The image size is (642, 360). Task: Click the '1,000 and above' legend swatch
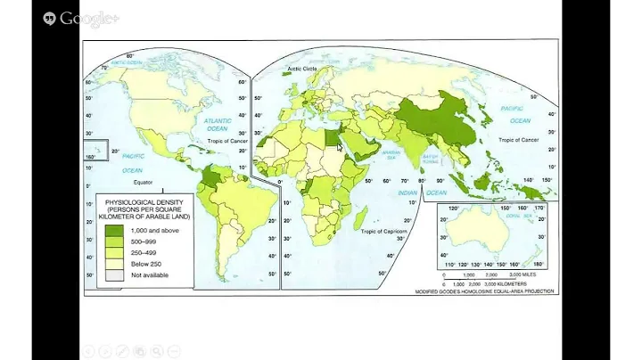[x=113, y=229]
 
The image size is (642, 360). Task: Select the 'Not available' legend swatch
[x=113, y=274]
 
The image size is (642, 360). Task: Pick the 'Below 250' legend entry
[x=146, y=263]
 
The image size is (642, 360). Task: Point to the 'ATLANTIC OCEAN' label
[x=218, y=124]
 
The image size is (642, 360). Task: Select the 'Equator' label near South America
[x=157, y=181]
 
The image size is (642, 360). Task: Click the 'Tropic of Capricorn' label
[x=384, y=230]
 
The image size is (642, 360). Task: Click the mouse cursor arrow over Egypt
[x=339, y=146]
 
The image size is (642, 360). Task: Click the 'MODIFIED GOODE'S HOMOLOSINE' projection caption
[x=485, y=291]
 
